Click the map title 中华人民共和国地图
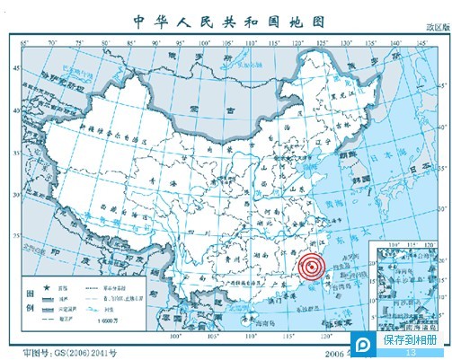coord(226,19)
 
